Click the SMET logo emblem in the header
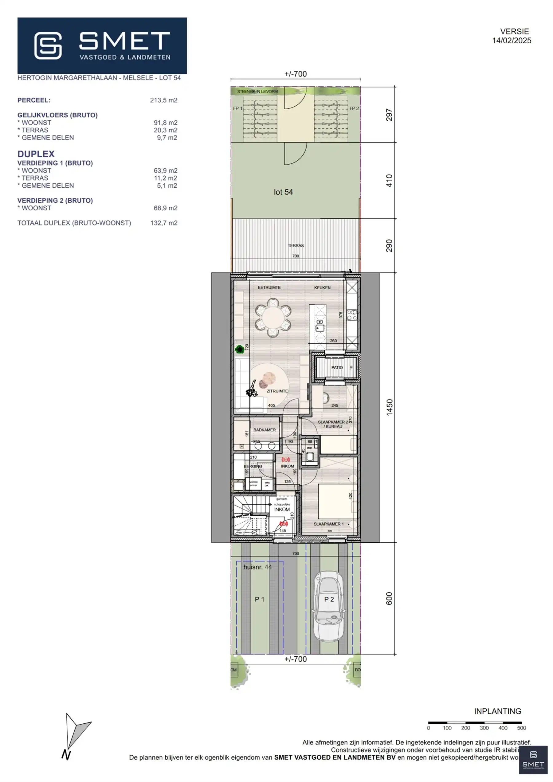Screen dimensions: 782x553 [48, 46]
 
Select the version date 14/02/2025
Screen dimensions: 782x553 [512, 41]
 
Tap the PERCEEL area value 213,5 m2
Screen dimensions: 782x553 [163, 100]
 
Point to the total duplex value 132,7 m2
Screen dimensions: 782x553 [163, 223]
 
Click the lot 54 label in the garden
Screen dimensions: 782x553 [283, 192]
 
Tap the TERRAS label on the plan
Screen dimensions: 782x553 [296, 245]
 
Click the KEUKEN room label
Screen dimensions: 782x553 [322, 288]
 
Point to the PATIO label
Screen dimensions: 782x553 [337, 367]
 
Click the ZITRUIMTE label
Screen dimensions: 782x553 [277, 391]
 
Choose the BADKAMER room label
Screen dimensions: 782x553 [265, 430]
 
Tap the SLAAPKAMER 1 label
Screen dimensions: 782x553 [328, 524]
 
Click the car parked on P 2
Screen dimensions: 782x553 [328, 606]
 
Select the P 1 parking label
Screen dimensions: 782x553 [259, 599]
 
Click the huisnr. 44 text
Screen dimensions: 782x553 [257, 567]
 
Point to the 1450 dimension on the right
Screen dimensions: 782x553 [390, 407]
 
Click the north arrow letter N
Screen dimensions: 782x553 [66, 756]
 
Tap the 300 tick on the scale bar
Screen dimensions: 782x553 [484, 728]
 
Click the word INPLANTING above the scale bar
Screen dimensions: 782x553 [497, 711]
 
